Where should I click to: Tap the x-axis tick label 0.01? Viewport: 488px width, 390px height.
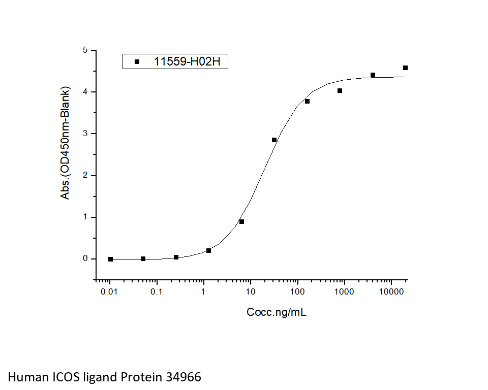pos(110,292)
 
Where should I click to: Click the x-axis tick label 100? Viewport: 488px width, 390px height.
pos(297,292)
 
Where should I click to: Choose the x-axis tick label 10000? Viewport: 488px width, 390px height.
pos(391,292)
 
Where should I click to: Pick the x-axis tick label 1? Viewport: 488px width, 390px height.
pos(203,292)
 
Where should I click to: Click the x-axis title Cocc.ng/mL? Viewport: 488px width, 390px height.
pos(277,312)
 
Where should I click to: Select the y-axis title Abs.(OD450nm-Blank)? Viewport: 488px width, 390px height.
pos(66,143)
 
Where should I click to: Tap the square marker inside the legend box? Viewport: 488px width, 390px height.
pos(137,62)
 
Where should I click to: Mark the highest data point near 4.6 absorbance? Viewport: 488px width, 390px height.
pos(405,68)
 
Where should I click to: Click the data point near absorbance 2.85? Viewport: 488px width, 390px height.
pos(274,140)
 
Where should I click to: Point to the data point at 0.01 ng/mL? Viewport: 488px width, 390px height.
pos(110,259)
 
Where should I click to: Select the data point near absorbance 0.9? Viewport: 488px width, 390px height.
pos(241,221)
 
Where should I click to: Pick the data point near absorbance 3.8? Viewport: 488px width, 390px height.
pos(307,101)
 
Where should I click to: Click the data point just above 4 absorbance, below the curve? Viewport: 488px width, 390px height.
pos(340,90)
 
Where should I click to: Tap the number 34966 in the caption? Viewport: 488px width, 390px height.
pos(182,377)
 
